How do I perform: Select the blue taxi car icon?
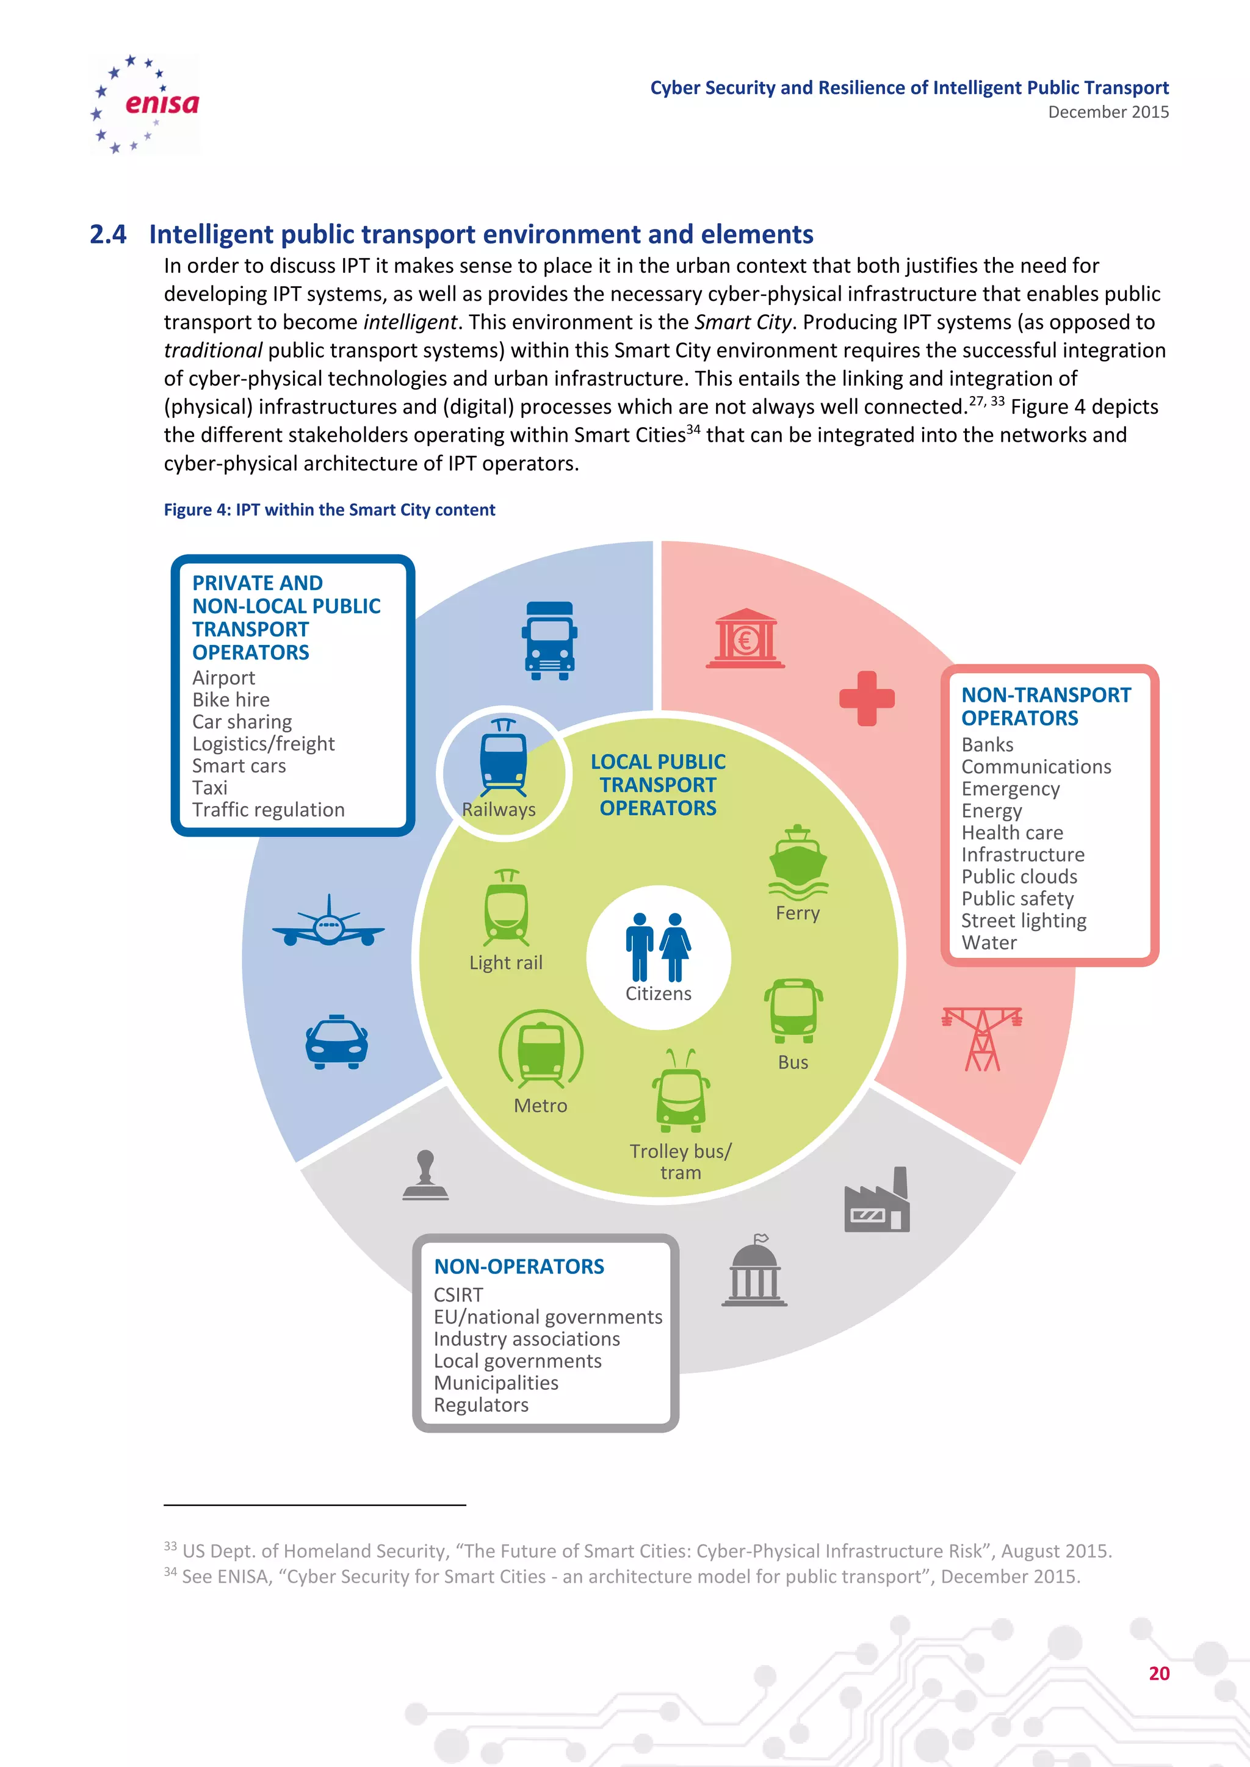click(336, 1042)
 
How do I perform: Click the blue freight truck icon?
click(549, 640)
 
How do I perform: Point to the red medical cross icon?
click(867, 699)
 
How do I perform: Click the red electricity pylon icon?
click(982, 1038)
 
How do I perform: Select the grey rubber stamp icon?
click(425, 1175)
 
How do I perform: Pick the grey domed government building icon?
click(754, 1272)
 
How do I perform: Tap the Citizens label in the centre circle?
click(658, 993)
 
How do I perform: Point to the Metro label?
click(540, 1106)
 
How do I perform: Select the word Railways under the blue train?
click(499, 810)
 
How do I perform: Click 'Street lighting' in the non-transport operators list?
click(1024, 921)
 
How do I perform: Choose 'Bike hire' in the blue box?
click(231, 700)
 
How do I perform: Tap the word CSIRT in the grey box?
click(459, 1295)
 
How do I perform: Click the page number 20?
click(1158, 1673)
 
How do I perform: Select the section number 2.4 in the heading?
click(108, 234)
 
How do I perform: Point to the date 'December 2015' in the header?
click(1108, 112)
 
